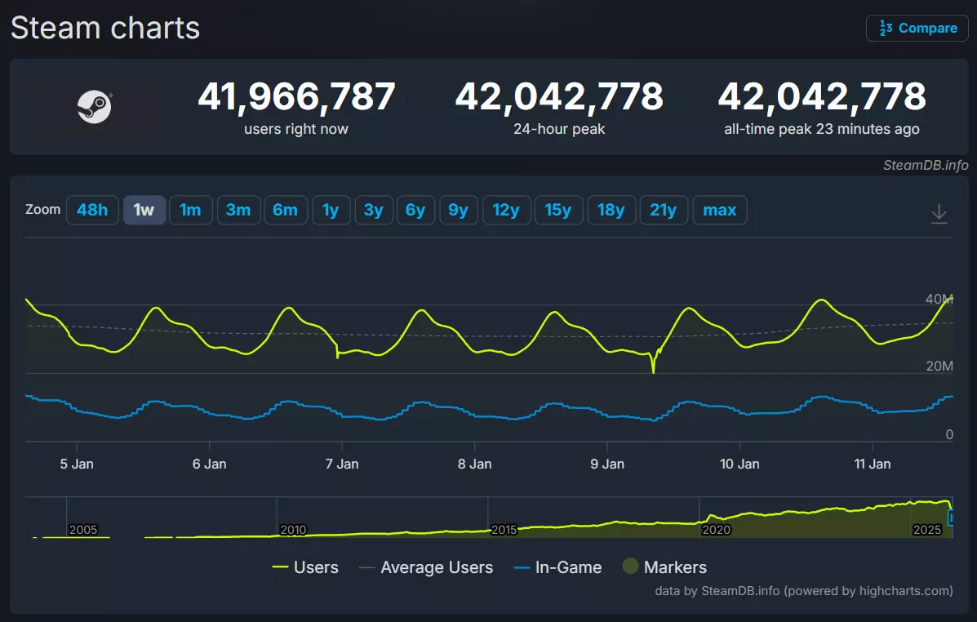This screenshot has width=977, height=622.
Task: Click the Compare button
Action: (x=917, y=28)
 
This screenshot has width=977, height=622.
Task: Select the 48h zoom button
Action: (x=92, y=210)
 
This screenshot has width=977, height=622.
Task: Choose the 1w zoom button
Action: (x=144, y=210)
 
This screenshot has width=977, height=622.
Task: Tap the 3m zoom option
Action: (x=238, y=210)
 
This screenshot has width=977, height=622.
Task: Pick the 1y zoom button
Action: (x=331, y=210)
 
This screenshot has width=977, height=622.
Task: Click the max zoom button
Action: (x=719, y=210)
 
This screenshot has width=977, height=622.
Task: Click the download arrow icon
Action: (x=939, y=214)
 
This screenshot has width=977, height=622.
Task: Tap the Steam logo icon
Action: (x=95, y=107)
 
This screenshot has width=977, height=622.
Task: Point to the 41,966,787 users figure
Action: (x=296, y=97)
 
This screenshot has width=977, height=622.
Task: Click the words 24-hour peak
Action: (x=559, y=129)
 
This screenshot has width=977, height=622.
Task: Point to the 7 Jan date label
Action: (x=342, y=464)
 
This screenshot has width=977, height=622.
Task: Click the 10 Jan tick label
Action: (x=739, y=464)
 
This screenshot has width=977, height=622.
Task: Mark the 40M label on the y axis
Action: (x=939, y=299)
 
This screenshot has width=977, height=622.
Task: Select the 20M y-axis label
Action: (x=939, y=366)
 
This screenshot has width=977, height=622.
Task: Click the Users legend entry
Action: (x=305, y=567)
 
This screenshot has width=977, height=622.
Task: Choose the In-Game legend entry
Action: (x=558, y=567)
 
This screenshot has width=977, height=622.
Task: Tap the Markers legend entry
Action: (x=665, y=567)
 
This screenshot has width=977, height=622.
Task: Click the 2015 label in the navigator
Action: (x=504, y=529)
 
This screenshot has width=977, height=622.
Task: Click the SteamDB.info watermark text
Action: (x=926, y=166)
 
